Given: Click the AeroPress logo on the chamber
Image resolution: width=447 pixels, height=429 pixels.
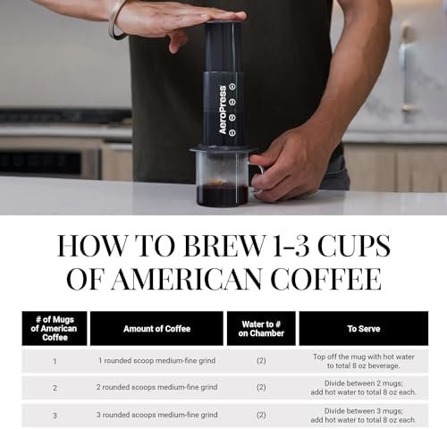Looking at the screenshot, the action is (223, 110).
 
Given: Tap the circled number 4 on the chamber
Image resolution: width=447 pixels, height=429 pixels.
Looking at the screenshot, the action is (232, 87).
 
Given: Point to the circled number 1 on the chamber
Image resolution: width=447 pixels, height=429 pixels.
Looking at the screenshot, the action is (232, 132).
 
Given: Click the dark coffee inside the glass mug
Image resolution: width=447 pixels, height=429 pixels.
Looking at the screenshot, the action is (223, 195).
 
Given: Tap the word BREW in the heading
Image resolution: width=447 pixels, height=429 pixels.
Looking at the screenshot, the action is (223, 246).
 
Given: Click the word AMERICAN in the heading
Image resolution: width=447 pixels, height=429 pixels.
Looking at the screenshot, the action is (190, 280).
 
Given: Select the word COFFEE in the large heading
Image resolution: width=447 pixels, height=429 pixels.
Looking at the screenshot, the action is (326, 280).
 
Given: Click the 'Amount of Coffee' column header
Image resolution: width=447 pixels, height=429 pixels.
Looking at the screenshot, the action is (156, 329).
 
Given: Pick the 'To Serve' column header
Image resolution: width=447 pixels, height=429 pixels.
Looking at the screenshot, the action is (364, 329).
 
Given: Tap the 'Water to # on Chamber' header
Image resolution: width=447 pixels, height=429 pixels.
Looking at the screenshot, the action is (261, 329).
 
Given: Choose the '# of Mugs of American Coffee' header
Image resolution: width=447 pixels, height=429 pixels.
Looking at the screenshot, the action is (55, 329).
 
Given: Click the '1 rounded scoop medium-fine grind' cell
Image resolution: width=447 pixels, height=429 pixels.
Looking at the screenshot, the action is (156, 361).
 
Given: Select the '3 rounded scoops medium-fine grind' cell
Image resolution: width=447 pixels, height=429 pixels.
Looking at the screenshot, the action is (156, 415).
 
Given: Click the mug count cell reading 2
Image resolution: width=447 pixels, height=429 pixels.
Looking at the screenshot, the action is (55, 388).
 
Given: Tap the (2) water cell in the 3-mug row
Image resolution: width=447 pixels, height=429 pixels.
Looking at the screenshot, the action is (261, 415).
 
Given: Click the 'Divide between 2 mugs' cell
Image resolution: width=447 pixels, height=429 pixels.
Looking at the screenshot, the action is (364, 388).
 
